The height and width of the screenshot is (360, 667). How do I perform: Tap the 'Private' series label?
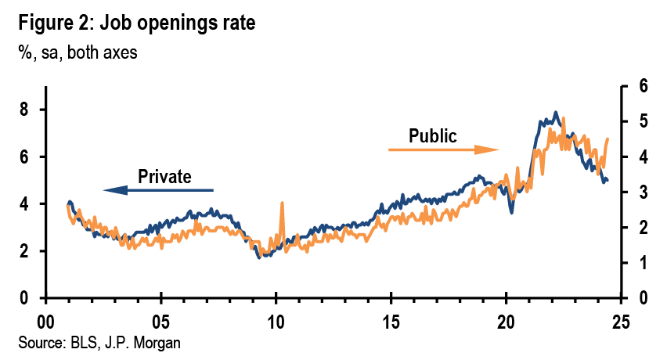[164, 176]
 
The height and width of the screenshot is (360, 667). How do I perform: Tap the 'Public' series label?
[432, 135]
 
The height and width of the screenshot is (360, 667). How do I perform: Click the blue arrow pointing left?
[157, 189]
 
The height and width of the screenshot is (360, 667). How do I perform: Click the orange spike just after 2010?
[281, 205]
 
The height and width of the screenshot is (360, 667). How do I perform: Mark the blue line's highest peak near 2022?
[556, 113]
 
